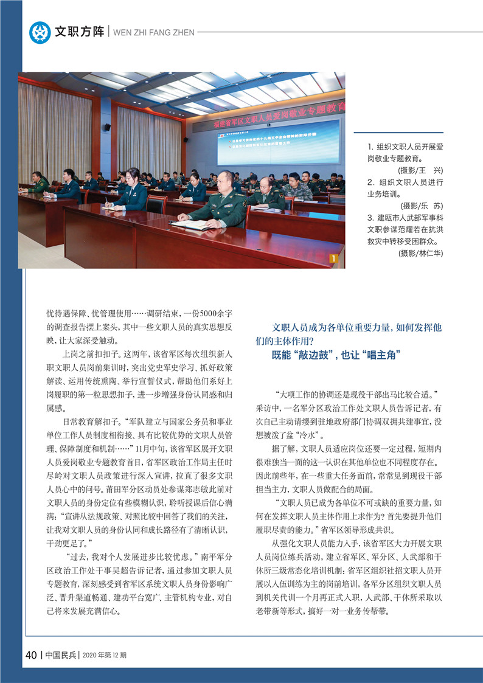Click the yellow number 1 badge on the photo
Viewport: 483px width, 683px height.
click(x=333, y=258)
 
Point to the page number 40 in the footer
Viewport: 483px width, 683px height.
click(x=32, y=655)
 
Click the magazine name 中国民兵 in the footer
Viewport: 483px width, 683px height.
click(x=60, y=655)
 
